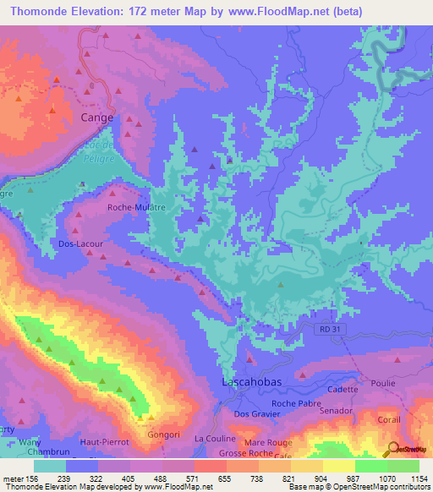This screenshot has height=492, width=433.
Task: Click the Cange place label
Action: (96, 118)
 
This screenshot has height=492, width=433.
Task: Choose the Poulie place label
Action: (382, 383)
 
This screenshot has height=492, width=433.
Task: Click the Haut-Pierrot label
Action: (101, 441)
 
